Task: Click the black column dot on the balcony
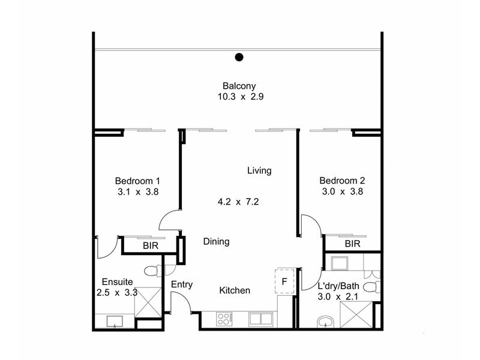pos(239,57)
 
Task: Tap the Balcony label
pos(239,86)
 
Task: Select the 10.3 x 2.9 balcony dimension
pos(241,97)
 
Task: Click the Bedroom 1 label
pos(137,181)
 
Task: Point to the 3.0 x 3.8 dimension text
pos(343,191)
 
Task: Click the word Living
pos(259,170)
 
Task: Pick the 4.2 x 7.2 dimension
pos(238,202)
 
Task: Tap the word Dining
pos(217,242)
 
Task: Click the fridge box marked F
pos(284,281)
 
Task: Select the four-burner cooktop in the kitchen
pos(224,319)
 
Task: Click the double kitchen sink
pos(260,319)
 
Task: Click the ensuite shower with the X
pos(148,302)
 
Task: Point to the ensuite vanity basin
pos(115,322)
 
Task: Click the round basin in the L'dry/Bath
pos(326,322)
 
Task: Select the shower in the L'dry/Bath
pos(356,315)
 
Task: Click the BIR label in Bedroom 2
pos(353,244)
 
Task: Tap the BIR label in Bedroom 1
pos(151,245)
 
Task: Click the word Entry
pos(182,284)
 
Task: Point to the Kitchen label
pos(235,290)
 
